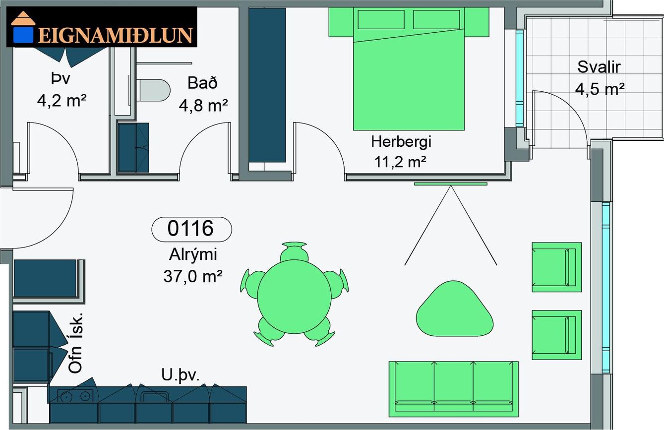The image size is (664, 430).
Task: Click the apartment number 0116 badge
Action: coord(191,229)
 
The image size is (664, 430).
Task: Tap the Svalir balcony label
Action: coord(599,67)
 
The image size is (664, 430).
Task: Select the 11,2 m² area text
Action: coord(400,162)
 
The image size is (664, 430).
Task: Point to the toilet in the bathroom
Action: coord(153,90)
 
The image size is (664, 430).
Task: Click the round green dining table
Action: coord(294,297)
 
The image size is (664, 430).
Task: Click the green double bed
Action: coord(409,69)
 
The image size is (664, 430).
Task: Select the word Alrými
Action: coord(193,254)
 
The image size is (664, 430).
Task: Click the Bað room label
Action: coord(202,83)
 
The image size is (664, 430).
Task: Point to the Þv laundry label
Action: coord(61,78)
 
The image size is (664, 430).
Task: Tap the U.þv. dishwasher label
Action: coord(180,375)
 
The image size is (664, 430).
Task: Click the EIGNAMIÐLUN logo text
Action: coord(116,36)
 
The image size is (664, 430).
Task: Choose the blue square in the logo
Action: coord(22,35)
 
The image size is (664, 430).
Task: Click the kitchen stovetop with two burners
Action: coord(75,396)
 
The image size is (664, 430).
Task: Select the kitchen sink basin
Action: coord(155,396)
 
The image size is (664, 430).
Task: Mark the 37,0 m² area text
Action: coord(193,276)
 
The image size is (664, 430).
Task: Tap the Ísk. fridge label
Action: coord(75,326)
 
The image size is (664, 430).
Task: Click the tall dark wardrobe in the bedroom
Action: coord(267,85)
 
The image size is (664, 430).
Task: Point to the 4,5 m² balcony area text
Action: coord(600,89)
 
